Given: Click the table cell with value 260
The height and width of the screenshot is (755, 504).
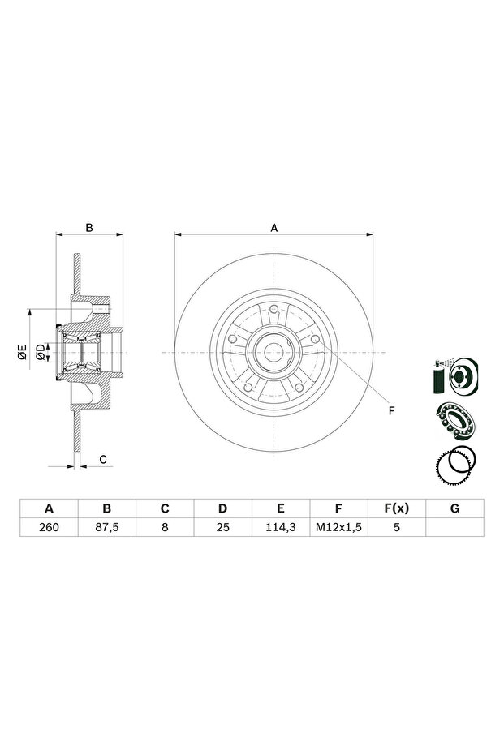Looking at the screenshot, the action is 50,527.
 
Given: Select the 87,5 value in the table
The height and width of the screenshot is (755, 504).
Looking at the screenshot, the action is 107,527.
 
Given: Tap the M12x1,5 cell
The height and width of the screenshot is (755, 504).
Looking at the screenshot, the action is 338,527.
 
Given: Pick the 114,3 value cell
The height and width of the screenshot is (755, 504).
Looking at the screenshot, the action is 281,527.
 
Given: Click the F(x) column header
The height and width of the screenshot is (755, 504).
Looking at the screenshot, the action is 397,508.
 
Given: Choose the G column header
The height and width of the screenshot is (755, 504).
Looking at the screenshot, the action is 454,508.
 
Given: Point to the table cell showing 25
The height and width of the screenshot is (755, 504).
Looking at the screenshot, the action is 222,527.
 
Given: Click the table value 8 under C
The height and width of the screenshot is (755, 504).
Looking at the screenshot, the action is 165,527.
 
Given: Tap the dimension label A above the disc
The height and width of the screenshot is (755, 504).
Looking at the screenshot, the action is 274,228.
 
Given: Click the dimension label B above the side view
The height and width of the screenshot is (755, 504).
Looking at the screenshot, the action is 89,228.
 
